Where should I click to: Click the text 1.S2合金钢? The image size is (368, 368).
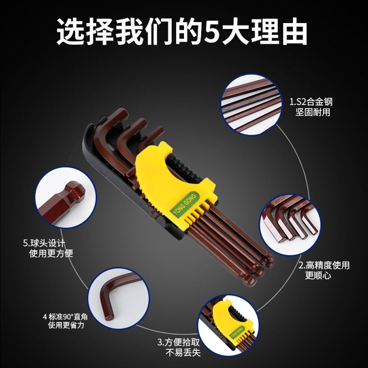(309, 102)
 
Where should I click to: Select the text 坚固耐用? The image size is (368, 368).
(313, 112)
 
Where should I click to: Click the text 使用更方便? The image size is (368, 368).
(51, 253)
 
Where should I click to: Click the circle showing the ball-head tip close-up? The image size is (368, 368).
(65, 198)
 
